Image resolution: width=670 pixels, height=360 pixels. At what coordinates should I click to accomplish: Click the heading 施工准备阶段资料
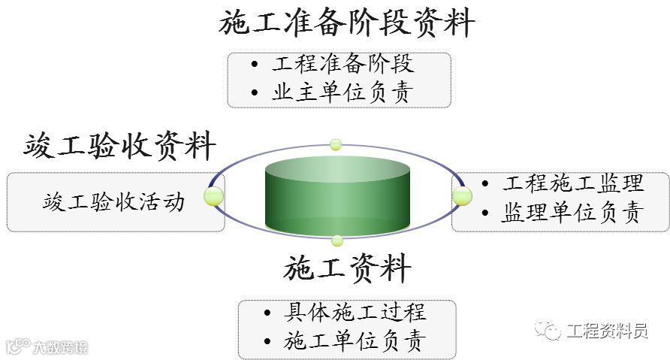[x=347, y=23]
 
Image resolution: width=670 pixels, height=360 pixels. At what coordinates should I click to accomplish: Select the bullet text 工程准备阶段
[x=343, y=65]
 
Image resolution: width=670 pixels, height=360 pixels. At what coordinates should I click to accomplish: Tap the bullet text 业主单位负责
[x=343, y=92]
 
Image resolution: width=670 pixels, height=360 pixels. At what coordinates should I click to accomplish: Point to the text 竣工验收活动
[x=113, y=201]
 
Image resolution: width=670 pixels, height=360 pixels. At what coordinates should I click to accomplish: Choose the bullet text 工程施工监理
[x=573, y=183]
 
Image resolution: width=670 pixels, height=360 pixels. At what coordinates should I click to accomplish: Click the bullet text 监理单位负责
[x=573, y=213]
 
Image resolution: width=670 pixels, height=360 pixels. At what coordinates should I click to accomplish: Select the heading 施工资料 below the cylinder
[x=347, y=268]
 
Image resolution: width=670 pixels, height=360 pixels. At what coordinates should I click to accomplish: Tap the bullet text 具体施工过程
[x=355, y=312]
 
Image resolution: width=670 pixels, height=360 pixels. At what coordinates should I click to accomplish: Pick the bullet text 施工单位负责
[x=355, y=341]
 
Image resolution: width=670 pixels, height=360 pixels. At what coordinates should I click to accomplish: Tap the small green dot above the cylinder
[x=336, y=144]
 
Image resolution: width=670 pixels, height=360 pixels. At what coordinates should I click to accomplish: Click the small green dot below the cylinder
[x=337, y=241]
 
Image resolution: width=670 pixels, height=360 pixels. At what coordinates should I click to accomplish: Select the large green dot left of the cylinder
[x=214, y=198]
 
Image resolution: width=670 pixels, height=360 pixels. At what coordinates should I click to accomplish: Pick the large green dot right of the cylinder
[x=462, y=196]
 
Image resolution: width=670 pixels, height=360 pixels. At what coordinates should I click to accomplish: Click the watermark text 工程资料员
[x=607, y=330]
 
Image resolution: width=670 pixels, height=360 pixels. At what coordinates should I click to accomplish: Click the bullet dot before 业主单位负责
[x=256, y=93]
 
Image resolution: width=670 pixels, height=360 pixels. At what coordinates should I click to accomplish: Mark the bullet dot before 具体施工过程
[x=268, y=313]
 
